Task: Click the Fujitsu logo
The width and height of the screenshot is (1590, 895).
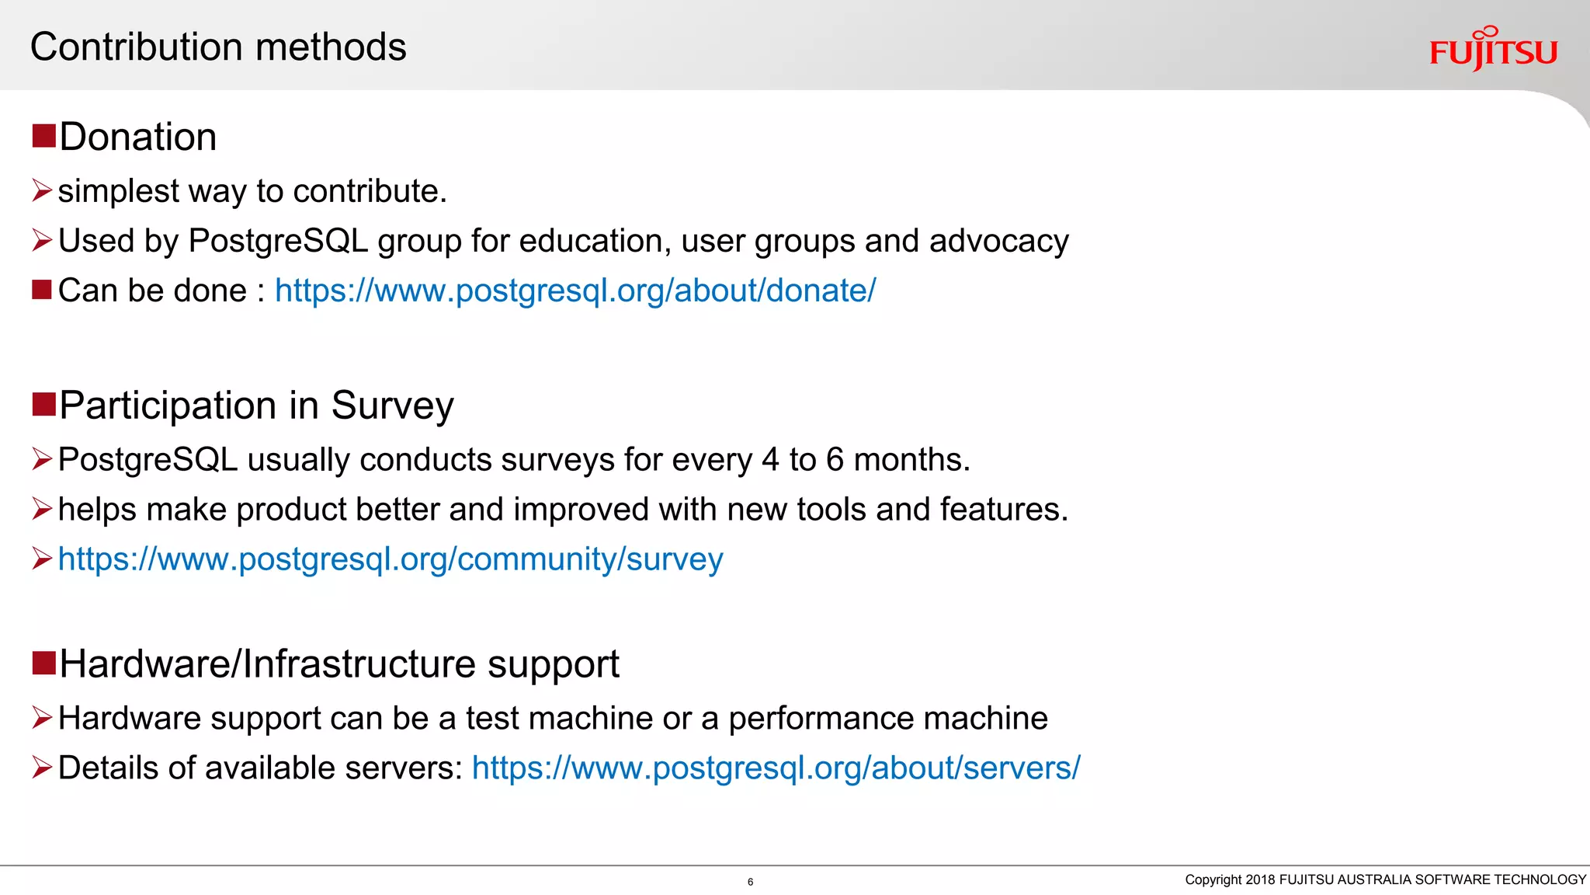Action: pos(1493,50)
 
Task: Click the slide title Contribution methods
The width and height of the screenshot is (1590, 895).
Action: pos(218,47)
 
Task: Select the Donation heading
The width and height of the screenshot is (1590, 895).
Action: pos(137,138)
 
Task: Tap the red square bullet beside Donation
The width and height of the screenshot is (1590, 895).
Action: pos(43,135)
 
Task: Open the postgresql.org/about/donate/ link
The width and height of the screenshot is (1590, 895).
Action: pos(575,291)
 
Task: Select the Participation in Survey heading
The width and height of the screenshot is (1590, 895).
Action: pos(256,406)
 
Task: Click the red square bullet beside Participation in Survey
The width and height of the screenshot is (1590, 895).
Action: pos(43,404)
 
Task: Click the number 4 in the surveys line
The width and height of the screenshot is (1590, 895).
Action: pos(769,460)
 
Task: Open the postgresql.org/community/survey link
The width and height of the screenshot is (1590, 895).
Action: pos(391,559)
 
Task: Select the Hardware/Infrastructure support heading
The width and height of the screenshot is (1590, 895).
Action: pos(338,664)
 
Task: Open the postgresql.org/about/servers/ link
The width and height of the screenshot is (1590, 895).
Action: pos(776,768)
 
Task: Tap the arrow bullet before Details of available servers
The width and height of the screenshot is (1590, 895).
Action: pos(42,768)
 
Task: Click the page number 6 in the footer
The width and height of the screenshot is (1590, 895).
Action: pos(750,882)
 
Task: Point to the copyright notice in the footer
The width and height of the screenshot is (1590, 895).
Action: pos(1384,879)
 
